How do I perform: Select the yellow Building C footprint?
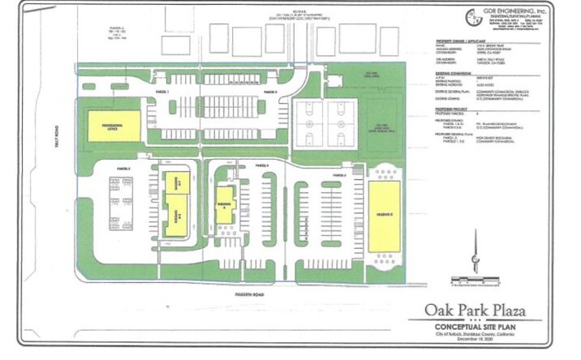tap(383, 216)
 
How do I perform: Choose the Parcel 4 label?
tap(261, 165)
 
